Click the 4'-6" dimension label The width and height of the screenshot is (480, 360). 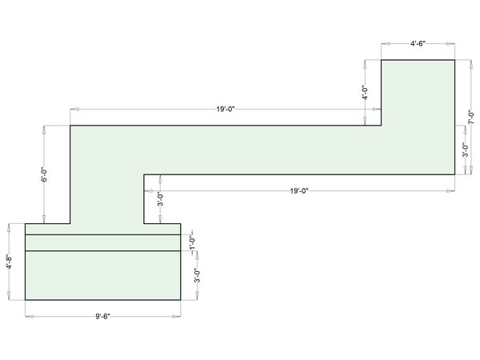[418, 43]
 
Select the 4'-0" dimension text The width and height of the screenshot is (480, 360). [365, 93]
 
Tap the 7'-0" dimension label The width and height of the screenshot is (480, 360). [471, 117]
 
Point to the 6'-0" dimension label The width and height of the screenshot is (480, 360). [44, 174]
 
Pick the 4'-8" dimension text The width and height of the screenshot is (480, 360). [10, 262]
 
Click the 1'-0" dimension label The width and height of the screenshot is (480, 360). [192, 242]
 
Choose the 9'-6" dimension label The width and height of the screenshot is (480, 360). [102, 316]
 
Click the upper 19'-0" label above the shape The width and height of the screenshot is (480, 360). [226, 109]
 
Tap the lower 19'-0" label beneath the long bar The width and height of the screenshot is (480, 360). [299, 191]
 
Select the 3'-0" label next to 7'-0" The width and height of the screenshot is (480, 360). [466, 150]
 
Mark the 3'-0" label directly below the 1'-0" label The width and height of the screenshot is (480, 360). [198, 275]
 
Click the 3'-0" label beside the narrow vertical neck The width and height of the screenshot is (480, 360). [161, 199]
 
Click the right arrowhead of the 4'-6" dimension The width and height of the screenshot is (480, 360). [450, 44]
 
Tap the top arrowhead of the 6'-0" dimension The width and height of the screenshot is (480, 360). [44, 130]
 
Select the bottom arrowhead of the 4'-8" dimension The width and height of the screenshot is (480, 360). [9, 295]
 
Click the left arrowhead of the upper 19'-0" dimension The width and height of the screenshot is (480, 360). [74, 109]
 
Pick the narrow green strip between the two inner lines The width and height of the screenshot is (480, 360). [103, 242]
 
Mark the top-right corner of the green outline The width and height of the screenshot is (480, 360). [454, 60]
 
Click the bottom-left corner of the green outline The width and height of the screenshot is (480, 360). [25, 300]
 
